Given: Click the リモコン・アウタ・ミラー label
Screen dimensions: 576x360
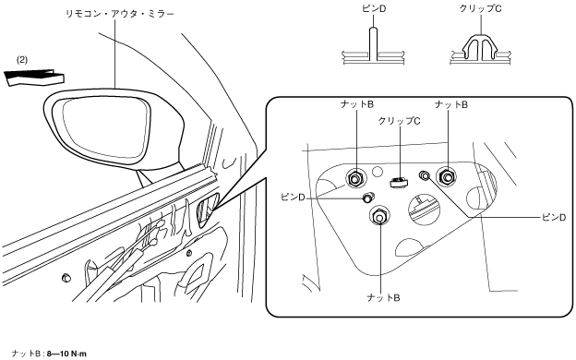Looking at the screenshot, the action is [x=119, y=15].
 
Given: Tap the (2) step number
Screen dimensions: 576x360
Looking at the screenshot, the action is [x=22, y=59].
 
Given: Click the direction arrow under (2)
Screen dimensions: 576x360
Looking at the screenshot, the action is [x=34, y=78].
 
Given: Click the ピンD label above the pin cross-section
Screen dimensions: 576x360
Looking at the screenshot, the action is [x=374, y=9].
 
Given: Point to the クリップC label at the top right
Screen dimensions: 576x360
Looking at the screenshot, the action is [x=481, y=8].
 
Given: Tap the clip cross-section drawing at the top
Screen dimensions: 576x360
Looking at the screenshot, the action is [x=480, y=49].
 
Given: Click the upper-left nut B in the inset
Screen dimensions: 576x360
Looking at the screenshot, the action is [x=355, y=179].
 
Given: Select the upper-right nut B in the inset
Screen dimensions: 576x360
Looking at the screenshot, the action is [x=447, y=177].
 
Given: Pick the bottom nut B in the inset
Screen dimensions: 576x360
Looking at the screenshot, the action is [x=379, y=216].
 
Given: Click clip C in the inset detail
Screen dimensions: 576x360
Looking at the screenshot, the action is [x=398, y=182].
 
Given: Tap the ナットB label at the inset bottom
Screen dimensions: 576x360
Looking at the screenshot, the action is [x=383, y=297].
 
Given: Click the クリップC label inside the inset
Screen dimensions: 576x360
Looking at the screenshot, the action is [x=400, y=121].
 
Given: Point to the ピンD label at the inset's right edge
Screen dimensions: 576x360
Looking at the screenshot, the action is [x=554, y=218].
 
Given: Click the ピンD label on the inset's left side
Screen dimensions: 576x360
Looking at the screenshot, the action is [x=293, y=198].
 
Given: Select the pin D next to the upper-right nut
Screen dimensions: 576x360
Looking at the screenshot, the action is [x=425, y=175].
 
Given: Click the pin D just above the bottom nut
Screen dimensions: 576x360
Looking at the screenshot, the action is [x=367, y=198].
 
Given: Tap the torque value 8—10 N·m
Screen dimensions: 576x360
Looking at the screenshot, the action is [x=66, y=354].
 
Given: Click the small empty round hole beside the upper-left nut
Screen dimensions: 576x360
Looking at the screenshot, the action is [x=377, y=171].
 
